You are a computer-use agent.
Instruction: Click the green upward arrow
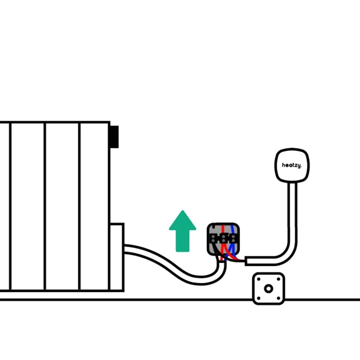tap(182, 232)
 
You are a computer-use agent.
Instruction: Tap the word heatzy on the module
tap(292, 165)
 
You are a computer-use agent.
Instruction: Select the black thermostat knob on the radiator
tap(114, 137)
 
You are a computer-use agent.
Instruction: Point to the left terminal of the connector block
tap(215, 238)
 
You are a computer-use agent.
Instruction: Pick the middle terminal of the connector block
tap(223, 238)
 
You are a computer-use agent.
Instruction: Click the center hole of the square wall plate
tap(269, 288)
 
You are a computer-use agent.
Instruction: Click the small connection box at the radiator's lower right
tap(117, 256)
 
